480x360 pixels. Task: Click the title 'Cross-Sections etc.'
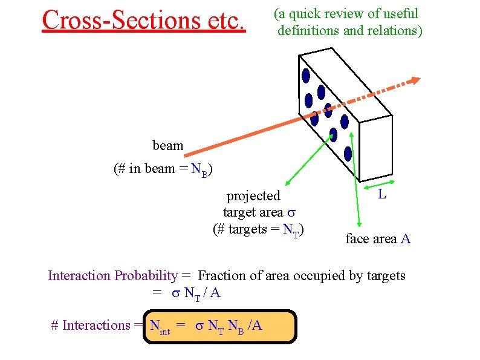144,19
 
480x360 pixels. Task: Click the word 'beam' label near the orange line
168,146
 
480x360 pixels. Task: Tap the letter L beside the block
382,195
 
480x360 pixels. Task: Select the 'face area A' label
378,239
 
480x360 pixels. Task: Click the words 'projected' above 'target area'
253,196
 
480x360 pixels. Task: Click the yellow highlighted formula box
220,326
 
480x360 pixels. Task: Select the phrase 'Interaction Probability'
112,276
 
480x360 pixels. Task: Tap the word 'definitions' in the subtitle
308,30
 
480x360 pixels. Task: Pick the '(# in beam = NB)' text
164,169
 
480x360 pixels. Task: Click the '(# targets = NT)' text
258,229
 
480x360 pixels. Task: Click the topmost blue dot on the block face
306,76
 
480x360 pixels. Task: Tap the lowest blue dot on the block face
348,153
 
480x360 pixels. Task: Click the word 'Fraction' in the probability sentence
222,276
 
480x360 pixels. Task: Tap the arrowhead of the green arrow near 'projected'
287,181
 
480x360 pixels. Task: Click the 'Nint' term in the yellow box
160,326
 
